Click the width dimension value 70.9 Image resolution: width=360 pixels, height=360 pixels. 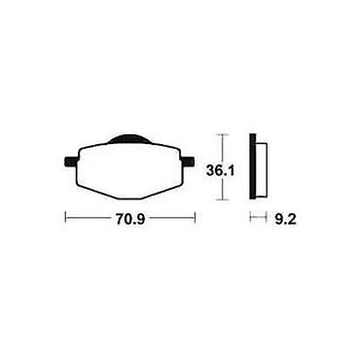129,220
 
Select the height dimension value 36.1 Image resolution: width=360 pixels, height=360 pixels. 220,170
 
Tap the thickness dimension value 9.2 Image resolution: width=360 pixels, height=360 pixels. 285,220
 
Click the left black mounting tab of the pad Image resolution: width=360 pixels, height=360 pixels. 72,162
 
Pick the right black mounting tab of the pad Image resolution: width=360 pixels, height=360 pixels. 188,162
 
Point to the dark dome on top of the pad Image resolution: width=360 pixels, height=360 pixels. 130,139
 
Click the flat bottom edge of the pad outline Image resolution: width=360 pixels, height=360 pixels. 130,198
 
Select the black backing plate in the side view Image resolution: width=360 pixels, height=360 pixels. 252,166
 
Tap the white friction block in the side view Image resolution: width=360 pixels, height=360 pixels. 262,169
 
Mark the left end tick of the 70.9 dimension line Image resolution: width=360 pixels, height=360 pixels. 66,217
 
